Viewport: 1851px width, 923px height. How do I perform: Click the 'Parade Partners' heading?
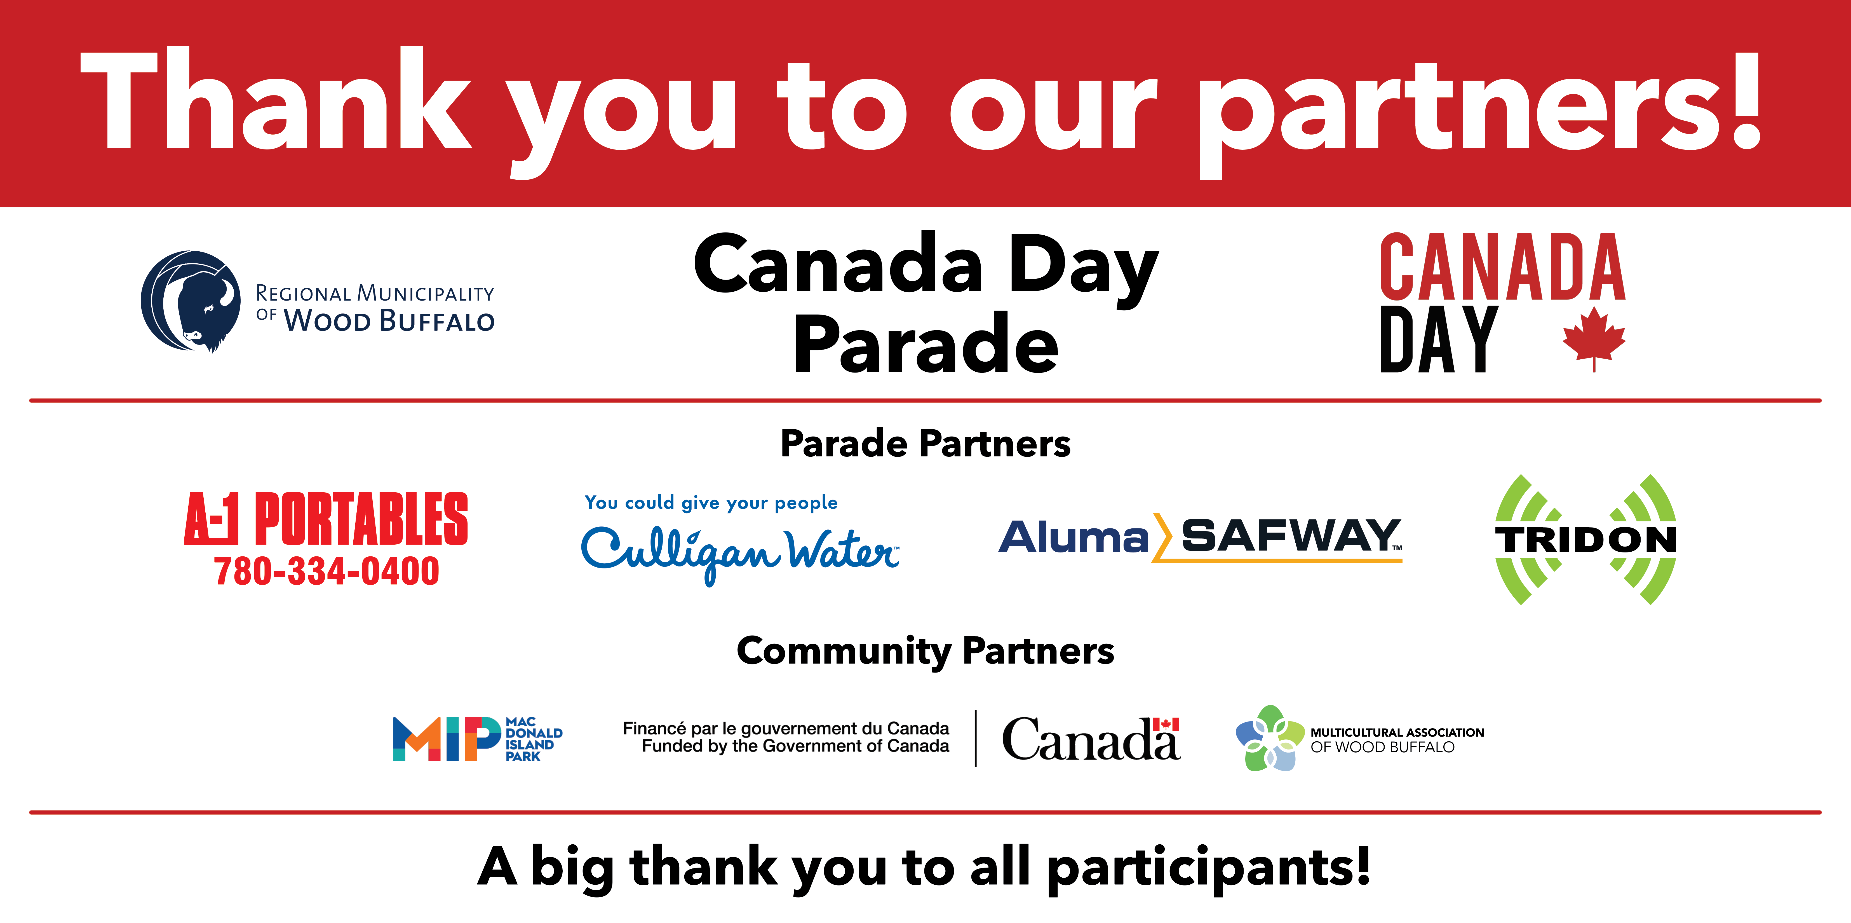click(926, 444)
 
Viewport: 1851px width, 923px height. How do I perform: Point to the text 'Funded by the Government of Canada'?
click(795, 746)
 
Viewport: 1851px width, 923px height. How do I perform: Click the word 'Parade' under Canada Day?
click(926, 345)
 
